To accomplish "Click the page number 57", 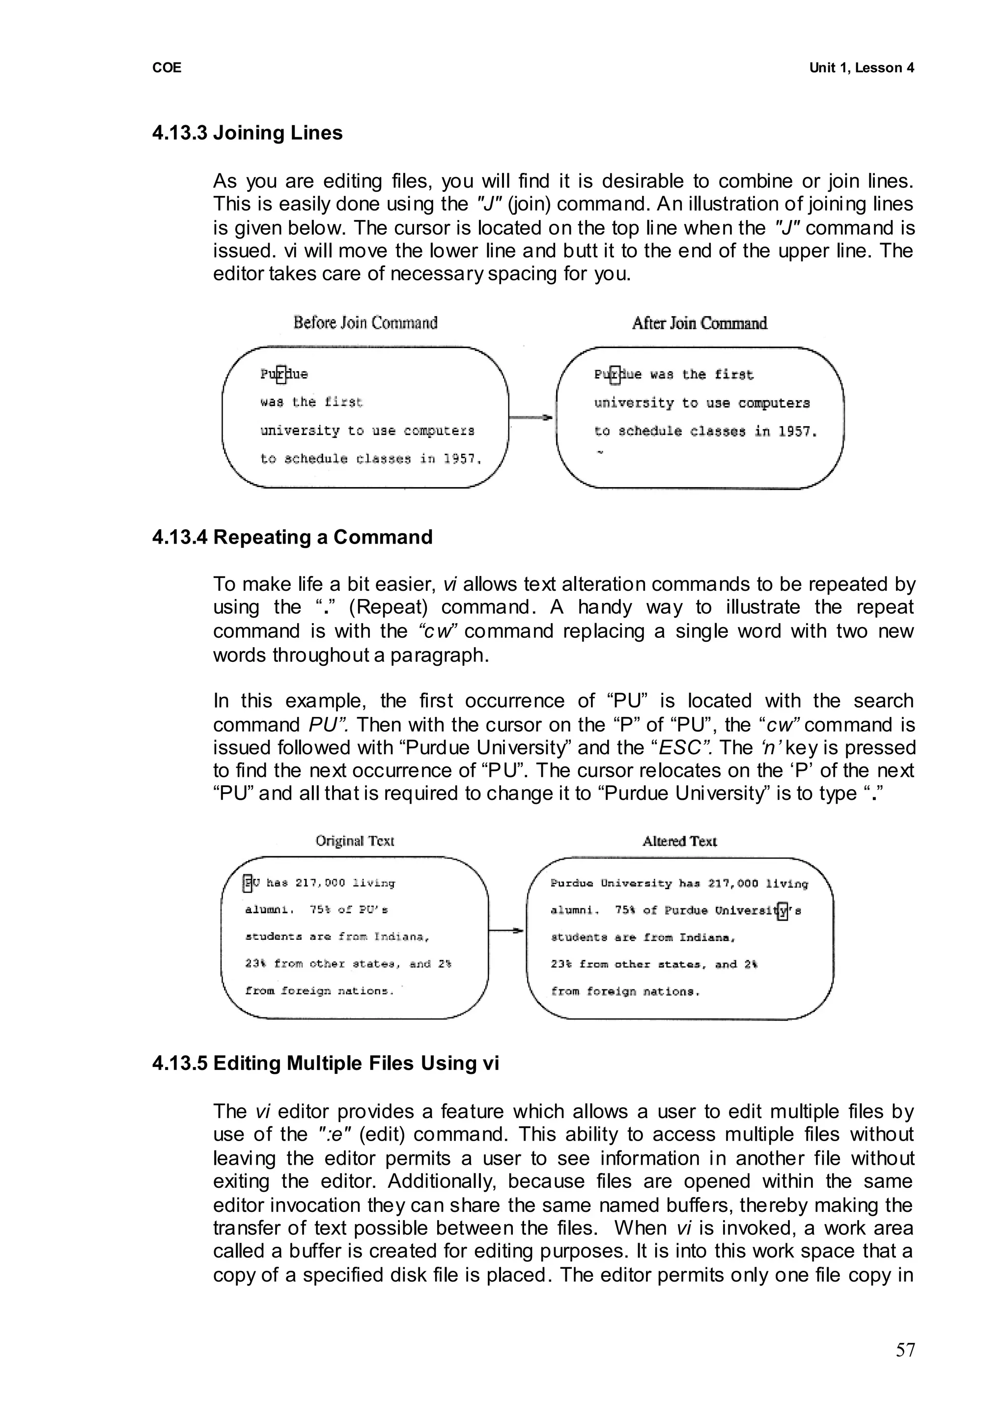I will point(904,1350).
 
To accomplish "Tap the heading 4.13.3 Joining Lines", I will point(247,133).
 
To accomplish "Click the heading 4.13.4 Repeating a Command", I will point(292,537).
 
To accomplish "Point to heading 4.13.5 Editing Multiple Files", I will point(325,1063).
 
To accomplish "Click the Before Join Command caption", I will point(365,323).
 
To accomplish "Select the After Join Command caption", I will point(699,323).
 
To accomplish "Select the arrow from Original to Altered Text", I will point(506,930).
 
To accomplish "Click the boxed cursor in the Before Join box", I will point(281,374).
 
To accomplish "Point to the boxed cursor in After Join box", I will point(615,375).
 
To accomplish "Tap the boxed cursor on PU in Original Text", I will point(248,883).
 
